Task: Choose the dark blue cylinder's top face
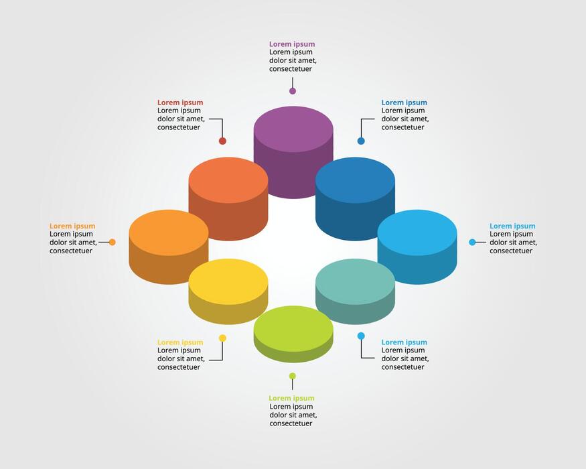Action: (355, 180)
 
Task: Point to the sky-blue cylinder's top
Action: (417, 232)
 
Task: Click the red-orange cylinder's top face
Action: (228, 180)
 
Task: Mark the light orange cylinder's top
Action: (169, 232)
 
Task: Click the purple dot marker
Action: (293, 91)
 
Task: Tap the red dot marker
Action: (222, 141)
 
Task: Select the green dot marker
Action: (293, 377)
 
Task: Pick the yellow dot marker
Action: (222, 338)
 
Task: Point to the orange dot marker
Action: (112, 243)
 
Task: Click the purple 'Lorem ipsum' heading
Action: (292, 44)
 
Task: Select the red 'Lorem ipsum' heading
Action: (180, 103)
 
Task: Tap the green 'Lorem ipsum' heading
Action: (291, 398)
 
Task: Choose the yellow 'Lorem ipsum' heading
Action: (180, 342)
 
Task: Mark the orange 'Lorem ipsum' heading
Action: (72, 226)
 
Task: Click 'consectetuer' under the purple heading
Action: (291, 69)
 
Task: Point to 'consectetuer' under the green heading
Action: (291, 423)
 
